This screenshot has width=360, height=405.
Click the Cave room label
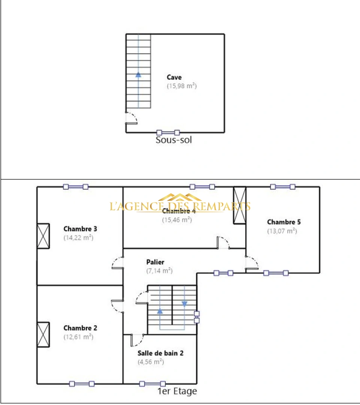[174, 77]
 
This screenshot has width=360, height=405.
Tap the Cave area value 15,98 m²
[182, 86]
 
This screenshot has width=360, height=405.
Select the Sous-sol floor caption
[173, 140]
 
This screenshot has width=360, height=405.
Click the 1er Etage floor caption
[177, 391]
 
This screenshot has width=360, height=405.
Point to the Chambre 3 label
[80, 228]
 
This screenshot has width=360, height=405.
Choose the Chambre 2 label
[80, 328]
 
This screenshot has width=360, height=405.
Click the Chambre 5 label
[284, 222]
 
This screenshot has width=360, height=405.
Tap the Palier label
[155, 262]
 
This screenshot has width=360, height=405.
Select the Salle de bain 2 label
[160, 353]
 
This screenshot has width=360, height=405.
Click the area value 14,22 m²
[78, 237]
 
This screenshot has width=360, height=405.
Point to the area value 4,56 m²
[151, 361]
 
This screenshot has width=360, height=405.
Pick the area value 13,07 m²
[282, 231]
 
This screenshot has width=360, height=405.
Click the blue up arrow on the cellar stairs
[138, 74]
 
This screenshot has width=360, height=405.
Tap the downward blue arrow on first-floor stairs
[184, 303]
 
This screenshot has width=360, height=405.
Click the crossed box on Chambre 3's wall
[43, 236]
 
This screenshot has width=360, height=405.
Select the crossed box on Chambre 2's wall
[43, 334]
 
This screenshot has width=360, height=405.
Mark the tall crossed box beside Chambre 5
[239, 205]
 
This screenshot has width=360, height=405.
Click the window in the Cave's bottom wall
[168, 132]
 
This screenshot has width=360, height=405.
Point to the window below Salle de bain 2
[152, 384]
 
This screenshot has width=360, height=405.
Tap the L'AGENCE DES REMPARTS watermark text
[180, 206]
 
